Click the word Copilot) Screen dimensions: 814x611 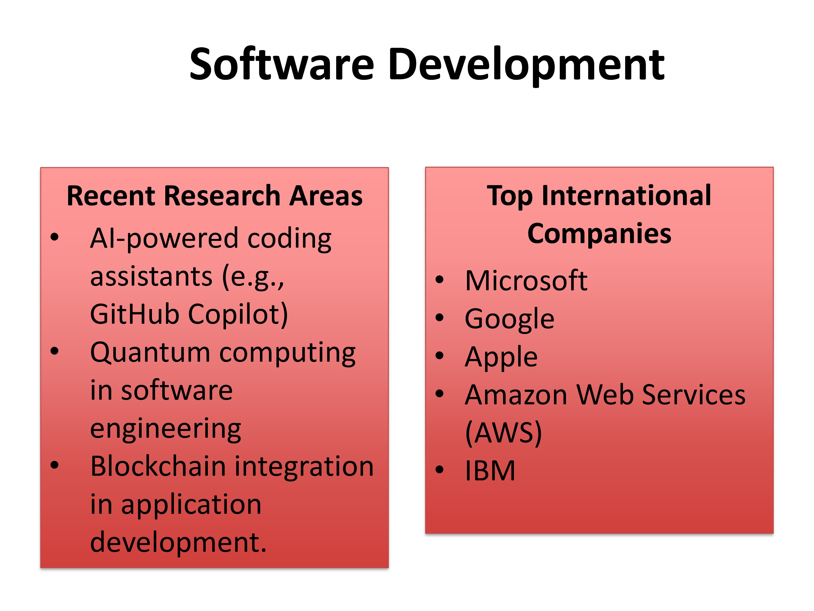click(238, 315)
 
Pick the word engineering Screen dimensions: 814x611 click(166, 429)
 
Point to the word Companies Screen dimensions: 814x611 click(599, 234)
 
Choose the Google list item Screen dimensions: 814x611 click(509, 319)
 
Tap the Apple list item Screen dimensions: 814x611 click(501, 357)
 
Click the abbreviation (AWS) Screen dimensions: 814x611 click(503, 433)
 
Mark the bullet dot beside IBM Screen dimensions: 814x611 click(439, 470)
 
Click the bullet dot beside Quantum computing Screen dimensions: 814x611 click(55, 351)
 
